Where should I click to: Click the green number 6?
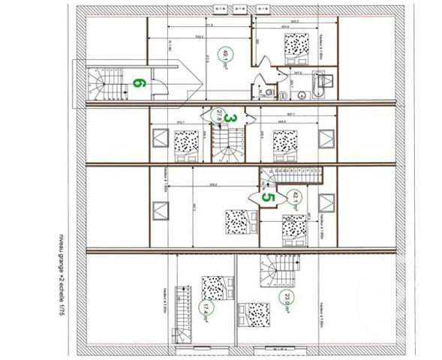(137, 82)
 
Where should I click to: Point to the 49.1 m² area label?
(222, 55)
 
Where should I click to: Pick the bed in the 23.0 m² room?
(254, 313)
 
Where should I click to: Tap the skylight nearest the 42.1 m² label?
(326, 203)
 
